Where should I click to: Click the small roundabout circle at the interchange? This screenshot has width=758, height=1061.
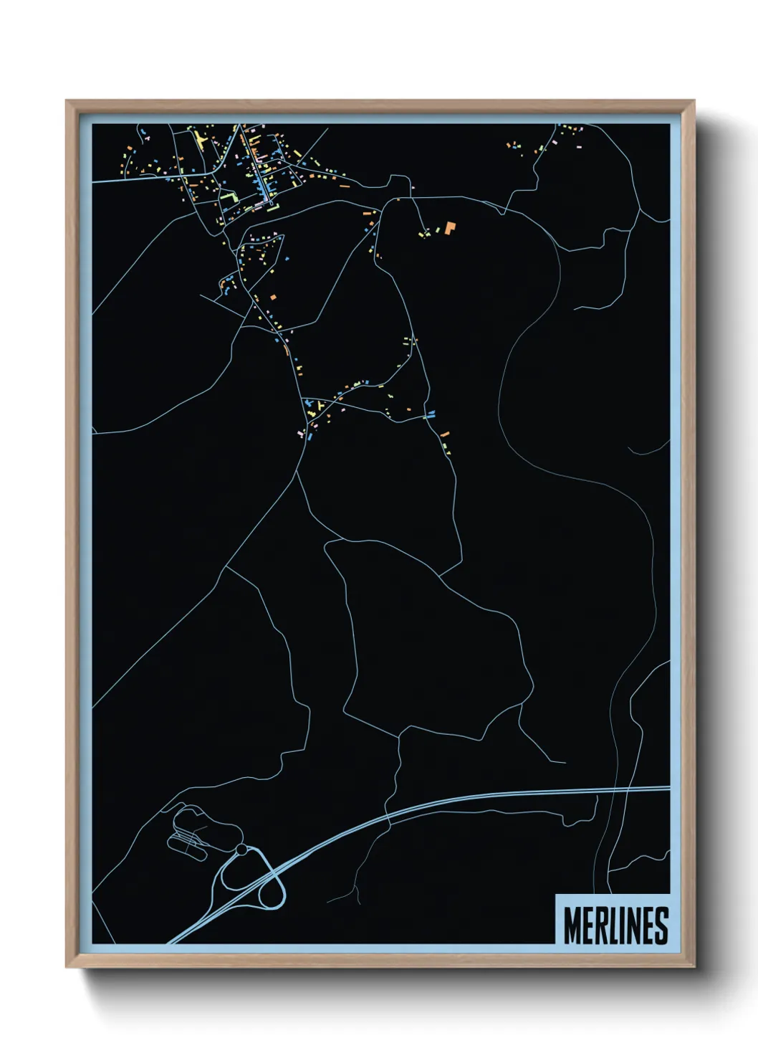coord(241,850)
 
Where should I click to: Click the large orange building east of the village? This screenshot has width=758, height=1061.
coord(450,228)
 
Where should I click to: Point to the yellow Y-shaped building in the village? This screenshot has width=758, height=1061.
coord(198,138)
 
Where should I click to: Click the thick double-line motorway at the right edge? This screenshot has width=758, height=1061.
coord(645,790)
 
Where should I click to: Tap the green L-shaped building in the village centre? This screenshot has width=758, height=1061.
coord(230,196)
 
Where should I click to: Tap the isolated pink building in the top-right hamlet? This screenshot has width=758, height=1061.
coord(577,147)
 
